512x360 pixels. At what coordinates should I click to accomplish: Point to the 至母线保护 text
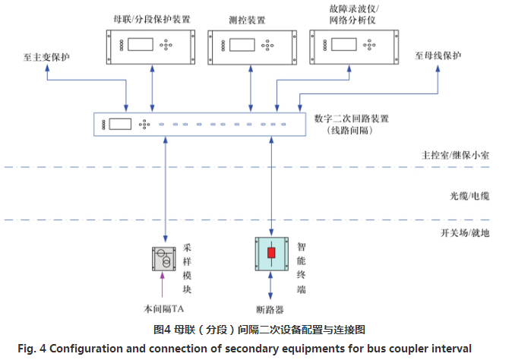coord(437,55)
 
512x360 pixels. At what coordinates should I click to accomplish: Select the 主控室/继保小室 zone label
coord(455,155)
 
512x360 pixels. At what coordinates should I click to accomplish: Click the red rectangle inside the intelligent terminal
coord(269,252)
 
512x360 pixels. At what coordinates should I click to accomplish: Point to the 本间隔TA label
coord(163,308)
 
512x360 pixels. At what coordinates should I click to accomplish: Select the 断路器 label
coord(270,309)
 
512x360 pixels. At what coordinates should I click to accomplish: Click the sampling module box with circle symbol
coord(163,259)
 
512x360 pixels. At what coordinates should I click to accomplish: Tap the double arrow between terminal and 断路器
coord(270,288)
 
